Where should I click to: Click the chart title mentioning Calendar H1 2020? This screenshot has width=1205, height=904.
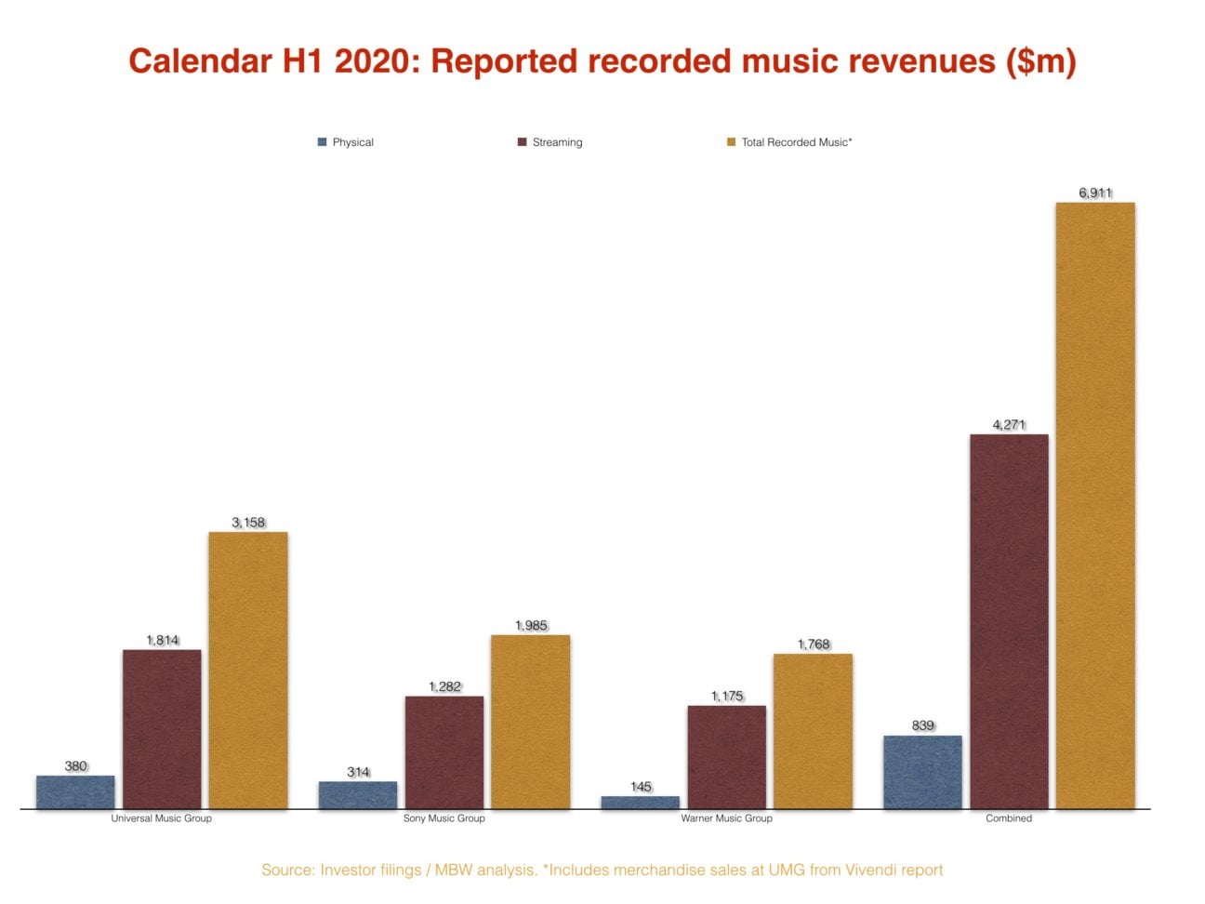602,61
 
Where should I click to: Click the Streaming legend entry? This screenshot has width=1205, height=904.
550,142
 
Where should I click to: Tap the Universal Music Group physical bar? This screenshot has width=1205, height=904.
75,792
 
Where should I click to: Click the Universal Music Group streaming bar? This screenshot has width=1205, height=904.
162,729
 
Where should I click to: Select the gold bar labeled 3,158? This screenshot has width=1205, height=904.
247,670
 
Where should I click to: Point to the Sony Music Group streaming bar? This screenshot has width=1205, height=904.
444,752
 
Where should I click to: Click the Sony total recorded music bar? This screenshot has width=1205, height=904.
530,722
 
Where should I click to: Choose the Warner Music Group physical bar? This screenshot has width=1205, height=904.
641,803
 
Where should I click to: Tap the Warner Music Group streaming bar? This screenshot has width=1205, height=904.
727,757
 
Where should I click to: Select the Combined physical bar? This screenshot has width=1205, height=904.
922,772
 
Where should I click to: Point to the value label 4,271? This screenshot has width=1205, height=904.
1009,425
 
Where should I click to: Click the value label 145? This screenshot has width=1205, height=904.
641,787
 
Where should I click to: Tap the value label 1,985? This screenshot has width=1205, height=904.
531,626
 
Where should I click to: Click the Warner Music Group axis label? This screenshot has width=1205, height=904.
726,818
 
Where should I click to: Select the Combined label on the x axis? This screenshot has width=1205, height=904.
1009,818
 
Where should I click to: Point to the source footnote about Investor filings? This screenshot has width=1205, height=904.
602,870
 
